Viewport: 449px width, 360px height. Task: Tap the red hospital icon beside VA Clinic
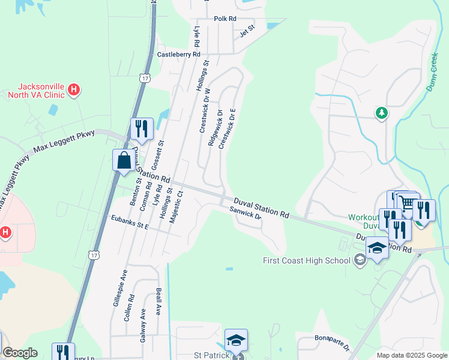(73, 90)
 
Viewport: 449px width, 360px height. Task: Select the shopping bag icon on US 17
(124, 161)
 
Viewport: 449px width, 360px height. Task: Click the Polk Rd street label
(225, 19)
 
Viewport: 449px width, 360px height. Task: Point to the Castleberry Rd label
(178, 55)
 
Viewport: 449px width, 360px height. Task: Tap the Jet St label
(247, 31)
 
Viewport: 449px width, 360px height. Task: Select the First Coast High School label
(306, 260)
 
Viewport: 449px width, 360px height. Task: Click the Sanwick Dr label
(246, 212)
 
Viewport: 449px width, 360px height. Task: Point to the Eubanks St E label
(128, 226)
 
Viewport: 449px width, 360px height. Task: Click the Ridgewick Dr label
(215, 127)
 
